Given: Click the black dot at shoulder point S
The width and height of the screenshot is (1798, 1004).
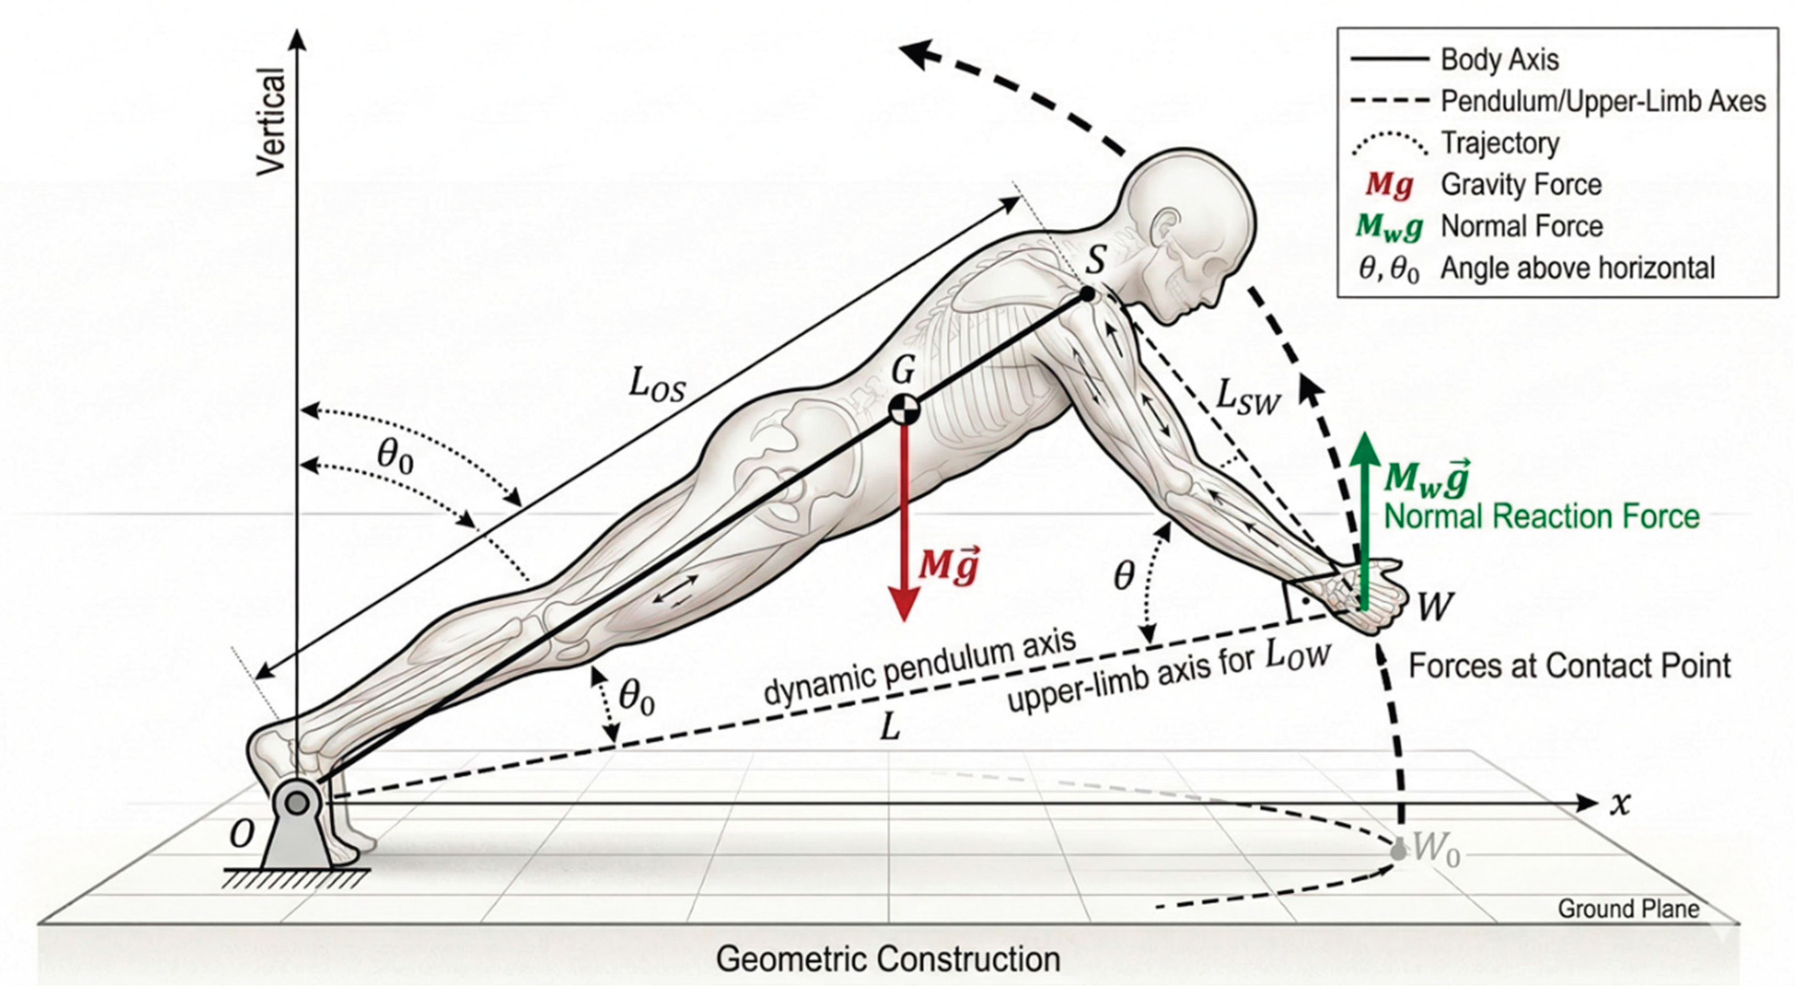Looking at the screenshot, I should (1087, 294).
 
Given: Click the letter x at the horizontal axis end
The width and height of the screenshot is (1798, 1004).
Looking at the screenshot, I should (1621, 804).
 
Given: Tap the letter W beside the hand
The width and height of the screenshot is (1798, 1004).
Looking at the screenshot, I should (1436, 607).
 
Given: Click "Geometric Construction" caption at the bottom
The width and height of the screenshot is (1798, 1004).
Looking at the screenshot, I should (888, 960).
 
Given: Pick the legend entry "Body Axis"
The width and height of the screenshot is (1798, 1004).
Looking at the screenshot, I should (1499, 60).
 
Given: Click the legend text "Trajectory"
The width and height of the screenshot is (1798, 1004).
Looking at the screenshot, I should (1500, 144).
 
